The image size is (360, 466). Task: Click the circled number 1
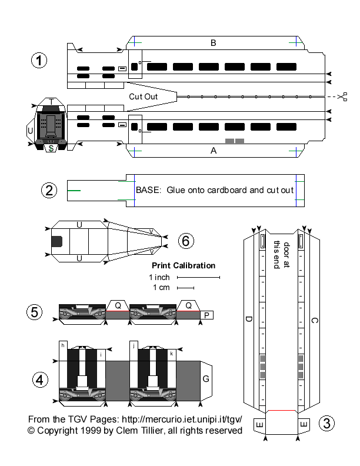point(39,61)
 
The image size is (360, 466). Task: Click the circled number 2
point(49,189)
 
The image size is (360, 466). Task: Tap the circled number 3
point(328,422)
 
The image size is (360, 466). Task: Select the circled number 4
point(39,380)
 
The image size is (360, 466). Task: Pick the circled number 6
point(185,240)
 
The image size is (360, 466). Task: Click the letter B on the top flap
point(214,42)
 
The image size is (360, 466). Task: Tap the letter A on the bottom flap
point(214,150)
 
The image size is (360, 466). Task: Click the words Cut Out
point(143,95)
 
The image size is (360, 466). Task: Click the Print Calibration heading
point(184,265)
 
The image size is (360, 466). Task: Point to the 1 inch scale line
point(198,277)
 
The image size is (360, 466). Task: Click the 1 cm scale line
point(185,288)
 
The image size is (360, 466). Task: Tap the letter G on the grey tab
point(206,379)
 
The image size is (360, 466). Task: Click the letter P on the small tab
point(206,315)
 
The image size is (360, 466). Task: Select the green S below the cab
point(51,148)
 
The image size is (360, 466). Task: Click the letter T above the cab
point(52,102)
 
